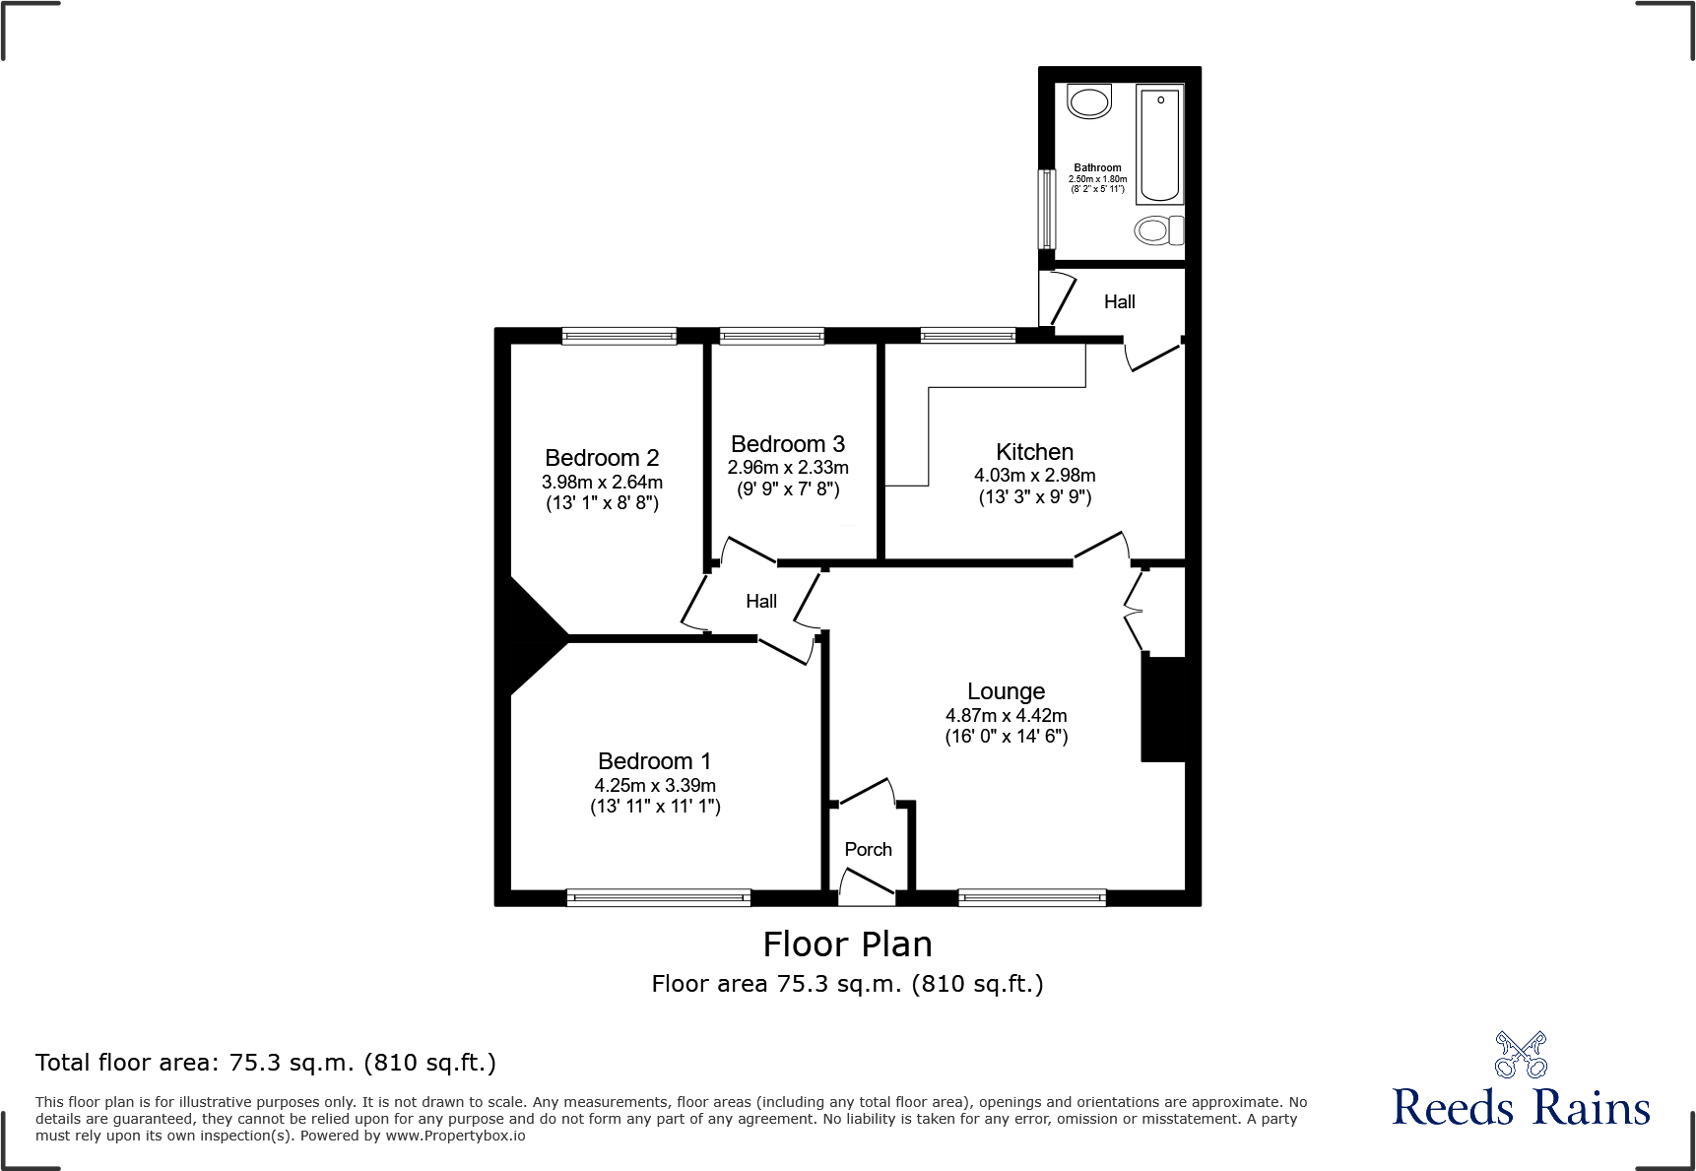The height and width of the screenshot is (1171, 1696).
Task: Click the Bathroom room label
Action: [x=1097, y=168]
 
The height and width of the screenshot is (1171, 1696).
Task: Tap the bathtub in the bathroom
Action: [x=1159, y=144]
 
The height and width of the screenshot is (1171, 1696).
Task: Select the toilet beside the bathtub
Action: [x=1157, y=230]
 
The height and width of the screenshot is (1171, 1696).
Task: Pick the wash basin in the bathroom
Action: [x=1089, y=101]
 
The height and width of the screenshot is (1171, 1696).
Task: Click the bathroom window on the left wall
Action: [x=1048, y=209]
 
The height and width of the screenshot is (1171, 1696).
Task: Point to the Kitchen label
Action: [x=1034, y=452]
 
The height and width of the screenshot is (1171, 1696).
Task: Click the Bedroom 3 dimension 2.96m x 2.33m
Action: [x=788, y=468]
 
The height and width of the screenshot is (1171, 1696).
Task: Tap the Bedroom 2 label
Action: [x=602, y=458]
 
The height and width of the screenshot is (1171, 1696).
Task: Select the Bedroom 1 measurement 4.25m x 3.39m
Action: [x=655, y=786]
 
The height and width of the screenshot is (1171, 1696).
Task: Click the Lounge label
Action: [x=1006, y=691]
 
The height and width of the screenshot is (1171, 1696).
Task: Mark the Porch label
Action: [x=868, y=850]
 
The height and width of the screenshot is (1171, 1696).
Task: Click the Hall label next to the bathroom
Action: [x=1119, y=302]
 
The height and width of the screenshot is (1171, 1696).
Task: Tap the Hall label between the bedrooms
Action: [x=761, y=602]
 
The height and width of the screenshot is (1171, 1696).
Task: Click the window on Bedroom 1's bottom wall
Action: [x=658, y=897]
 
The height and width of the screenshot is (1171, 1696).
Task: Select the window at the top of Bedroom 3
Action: [x=771, y=337]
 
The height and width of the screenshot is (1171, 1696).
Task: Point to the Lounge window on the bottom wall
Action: [x=1031, y=897]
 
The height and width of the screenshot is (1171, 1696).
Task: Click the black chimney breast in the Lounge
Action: [x=1163, y=709]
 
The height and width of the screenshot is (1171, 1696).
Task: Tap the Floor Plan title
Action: [x=847, y=944]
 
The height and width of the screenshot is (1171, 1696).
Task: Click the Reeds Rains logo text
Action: [x=1520, y=1108]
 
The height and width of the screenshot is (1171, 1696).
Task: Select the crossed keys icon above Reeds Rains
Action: [x=1520, y=1055]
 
